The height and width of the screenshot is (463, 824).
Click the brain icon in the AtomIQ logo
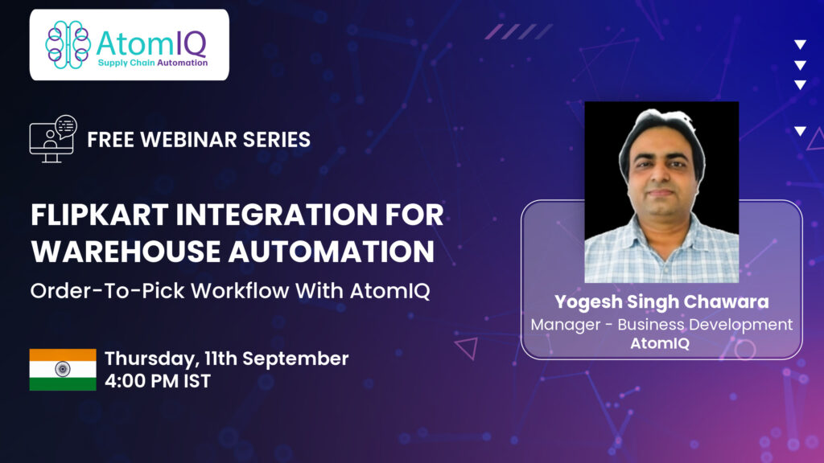[68, 45]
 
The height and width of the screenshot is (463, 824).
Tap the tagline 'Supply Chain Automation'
[153, 63]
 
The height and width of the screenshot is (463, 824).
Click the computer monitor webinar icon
[53, 138]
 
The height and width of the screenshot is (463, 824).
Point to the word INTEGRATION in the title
[277, 215]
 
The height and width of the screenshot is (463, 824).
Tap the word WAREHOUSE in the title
[126, 251]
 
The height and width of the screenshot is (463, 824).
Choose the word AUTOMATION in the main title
[331, 251]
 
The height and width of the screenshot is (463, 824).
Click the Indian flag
[63, 370]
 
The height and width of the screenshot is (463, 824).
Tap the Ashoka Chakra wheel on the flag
[63, 369]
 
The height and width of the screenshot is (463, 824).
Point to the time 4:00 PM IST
[158, 381]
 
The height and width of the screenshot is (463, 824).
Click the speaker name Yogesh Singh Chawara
[661, 302]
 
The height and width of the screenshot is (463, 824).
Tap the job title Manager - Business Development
[661, 325]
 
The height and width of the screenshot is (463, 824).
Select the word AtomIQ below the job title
[660, 343]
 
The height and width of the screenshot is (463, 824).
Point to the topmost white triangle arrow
[801, 45]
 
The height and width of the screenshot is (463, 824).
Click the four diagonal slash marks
[519, 31]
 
